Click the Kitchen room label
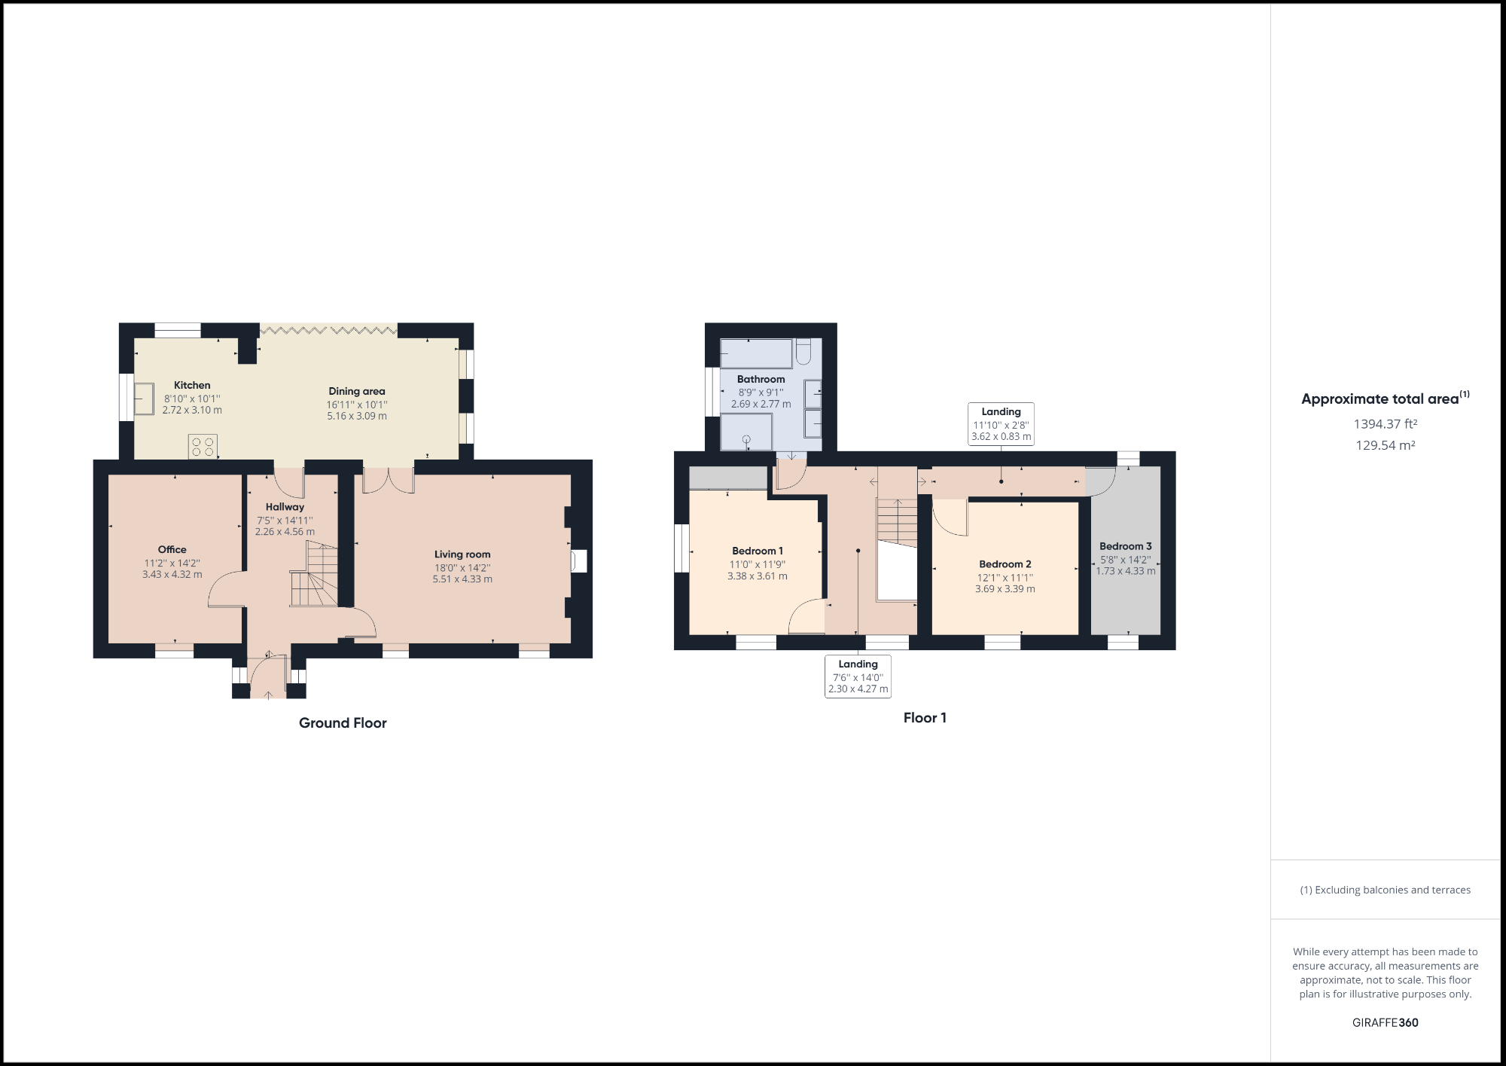point(192,385)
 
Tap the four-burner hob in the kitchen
point(203,446)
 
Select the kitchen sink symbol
point(143,398)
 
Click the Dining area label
point(357,391)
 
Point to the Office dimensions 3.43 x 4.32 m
point(172,574)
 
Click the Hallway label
point(285,507)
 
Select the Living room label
point(462,554)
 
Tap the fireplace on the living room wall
point(578,561)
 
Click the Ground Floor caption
point(343,723)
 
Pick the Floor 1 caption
point(925,718)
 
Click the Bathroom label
point(761,379)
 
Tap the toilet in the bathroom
point(803,351)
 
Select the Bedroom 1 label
point(758,551)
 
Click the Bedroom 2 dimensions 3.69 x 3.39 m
point(1005,589)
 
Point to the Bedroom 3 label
point(1125,546)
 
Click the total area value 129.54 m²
point(1385,445)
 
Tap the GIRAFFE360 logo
point(1385,1022)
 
